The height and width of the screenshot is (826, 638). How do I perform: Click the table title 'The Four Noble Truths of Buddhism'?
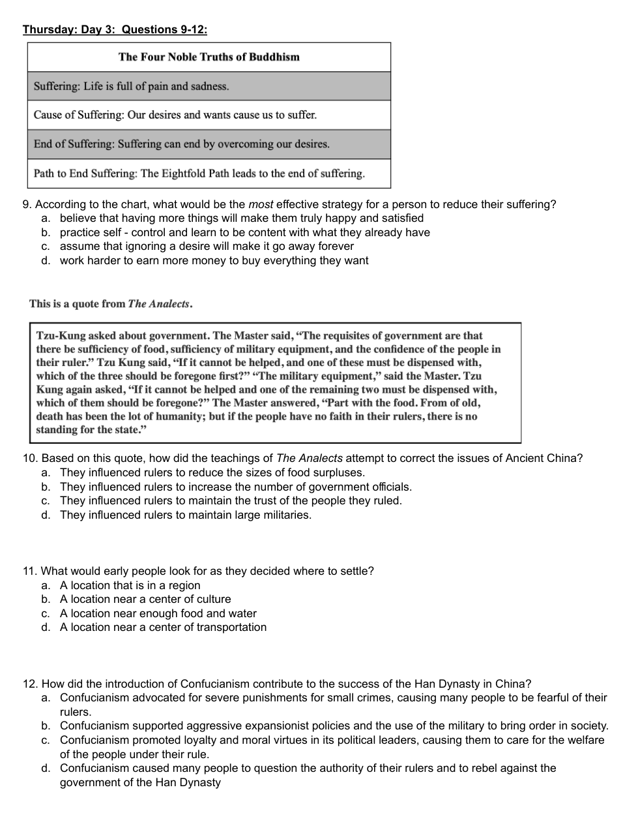209,57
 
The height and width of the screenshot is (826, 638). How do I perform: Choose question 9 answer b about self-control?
244,232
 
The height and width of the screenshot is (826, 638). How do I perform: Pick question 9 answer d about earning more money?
214,260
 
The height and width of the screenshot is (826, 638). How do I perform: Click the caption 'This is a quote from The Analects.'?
111,304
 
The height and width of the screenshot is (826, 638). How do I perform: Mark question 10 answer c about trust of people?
231,500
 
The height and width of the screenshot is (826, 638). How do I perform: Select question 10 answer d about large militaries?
186,515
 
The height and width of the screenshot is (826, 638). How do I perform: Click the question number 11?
29,571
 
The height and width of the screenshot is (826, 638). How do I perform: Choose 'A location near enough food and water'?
158,613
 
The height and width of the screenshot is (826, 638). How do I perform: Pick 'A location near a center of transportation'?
163,627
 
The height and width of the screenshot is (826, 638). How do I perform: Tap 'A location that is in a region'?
130,585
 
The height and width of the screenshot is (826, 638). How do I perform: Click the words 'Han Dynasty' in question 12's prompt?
445,684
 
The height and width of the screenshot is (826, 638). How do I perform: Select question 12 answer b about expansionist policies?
334,726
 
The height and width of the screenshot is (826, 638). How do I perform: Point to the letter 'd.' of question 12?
46,768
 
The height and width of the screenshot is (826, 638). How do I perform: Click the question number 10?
29,458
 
